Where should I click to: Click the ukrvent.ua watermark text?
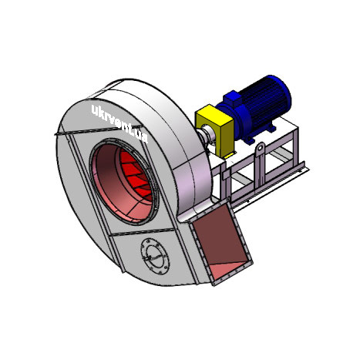click(x=120, y=123)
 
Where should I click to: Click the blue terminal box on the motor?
click(x=232, y=97)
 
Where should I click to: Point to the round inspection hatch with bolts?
click(x=155, y=256)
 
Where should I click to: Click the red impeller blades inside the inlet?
click(x=136, y=176)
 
